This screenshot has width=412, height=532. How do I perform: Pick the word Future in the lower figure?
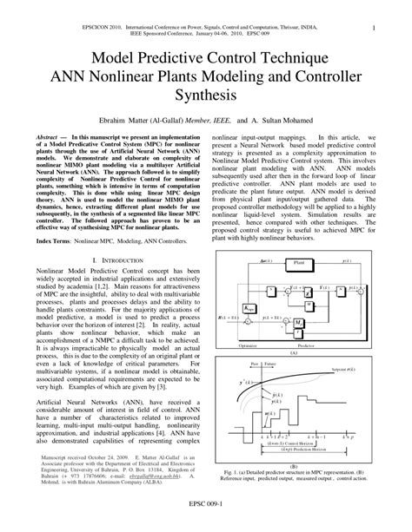coord(273,363)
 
